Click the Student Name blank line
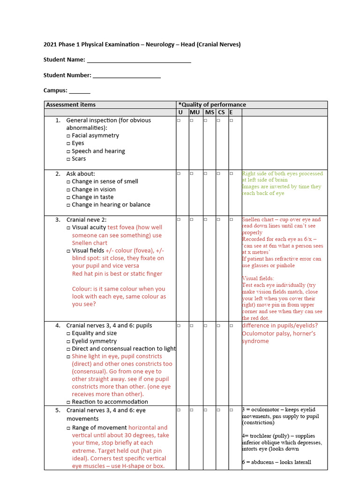139,60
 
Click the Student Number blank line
127,76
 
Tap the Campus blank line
80,91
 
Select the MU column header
195,112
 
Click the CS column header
221,112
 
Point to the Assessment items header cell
71,105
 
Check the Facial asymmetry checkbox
68,136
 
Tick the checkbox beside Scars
68,159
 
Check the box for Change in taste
68,197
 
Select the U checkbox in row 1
179,121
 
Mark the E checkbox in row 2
231,174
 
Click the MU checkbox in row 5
192,410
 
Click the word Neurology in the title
161,45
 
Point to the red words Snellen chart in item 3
90,243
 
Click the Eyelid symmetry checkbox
68,342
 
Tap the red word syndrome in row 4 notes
255,341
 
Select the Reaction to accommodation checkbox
68,402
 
